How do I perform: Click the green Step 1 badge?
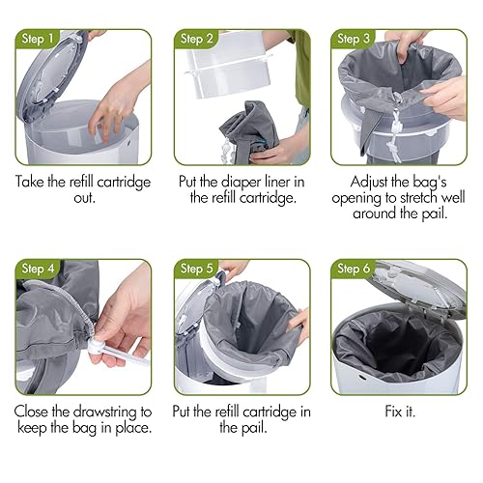click(x=38, y=39)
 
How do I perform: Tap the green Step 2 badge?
click(x=196, y=39)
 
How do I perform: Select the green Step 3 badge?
click(x=354, y=39)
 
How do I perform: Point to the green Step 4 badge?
click(x=38, y=268)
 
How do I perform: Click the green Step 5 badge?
click(x=196, y=268)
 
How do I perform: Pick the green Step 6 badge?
click(x=354, y=268)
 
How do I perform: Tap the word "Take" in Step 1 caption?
click(x=36, y=180)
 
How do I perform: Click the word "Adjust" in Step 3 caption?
click(x=362, y=180)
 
